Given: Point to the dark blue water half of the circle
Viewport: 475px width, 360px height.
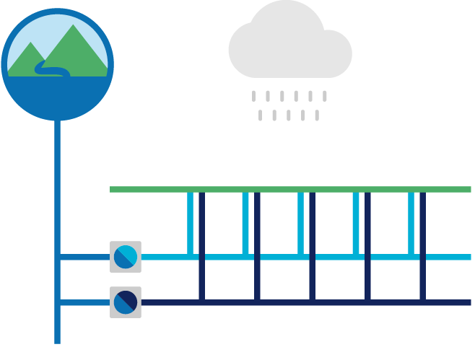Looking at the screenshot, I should pos(58,97).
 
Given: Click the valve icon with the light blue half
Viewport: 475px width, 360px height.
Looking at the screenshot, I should pos(126,257).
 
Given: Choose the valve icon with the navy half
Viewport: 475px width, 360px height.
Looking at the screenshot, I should pos(126,302).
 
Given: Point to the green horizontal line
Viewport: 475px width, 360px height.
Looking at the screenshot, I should pos(289,189).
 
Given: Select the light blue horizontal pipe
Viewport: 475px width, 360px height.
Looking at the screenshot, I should pos(303,257).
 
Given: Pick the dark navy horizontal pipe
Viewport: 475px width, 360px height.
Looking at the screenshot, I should pos(303,302).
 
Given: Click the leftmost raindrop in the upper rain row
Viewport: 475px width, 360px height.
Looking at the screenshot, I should pos(253,95).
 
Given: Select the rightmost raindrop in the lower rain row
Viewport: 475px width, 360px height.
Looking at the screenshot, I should pos(316,115).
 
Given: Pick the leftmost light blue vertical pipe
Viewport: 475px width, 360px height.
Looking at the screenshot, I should pos(191,223).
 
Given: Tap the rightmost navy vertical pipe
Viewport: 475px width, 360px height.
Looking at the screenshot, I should pos(422,245).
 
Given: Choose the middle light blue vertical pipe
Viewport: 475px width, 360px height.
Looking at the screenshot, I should pos(301,223).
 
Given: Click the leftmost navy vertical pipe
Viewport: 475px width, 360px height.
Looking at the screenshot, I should pos(201,245).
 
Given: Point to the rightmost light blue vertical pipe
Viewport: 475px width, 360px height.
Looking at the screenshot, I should pos(411,223).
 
